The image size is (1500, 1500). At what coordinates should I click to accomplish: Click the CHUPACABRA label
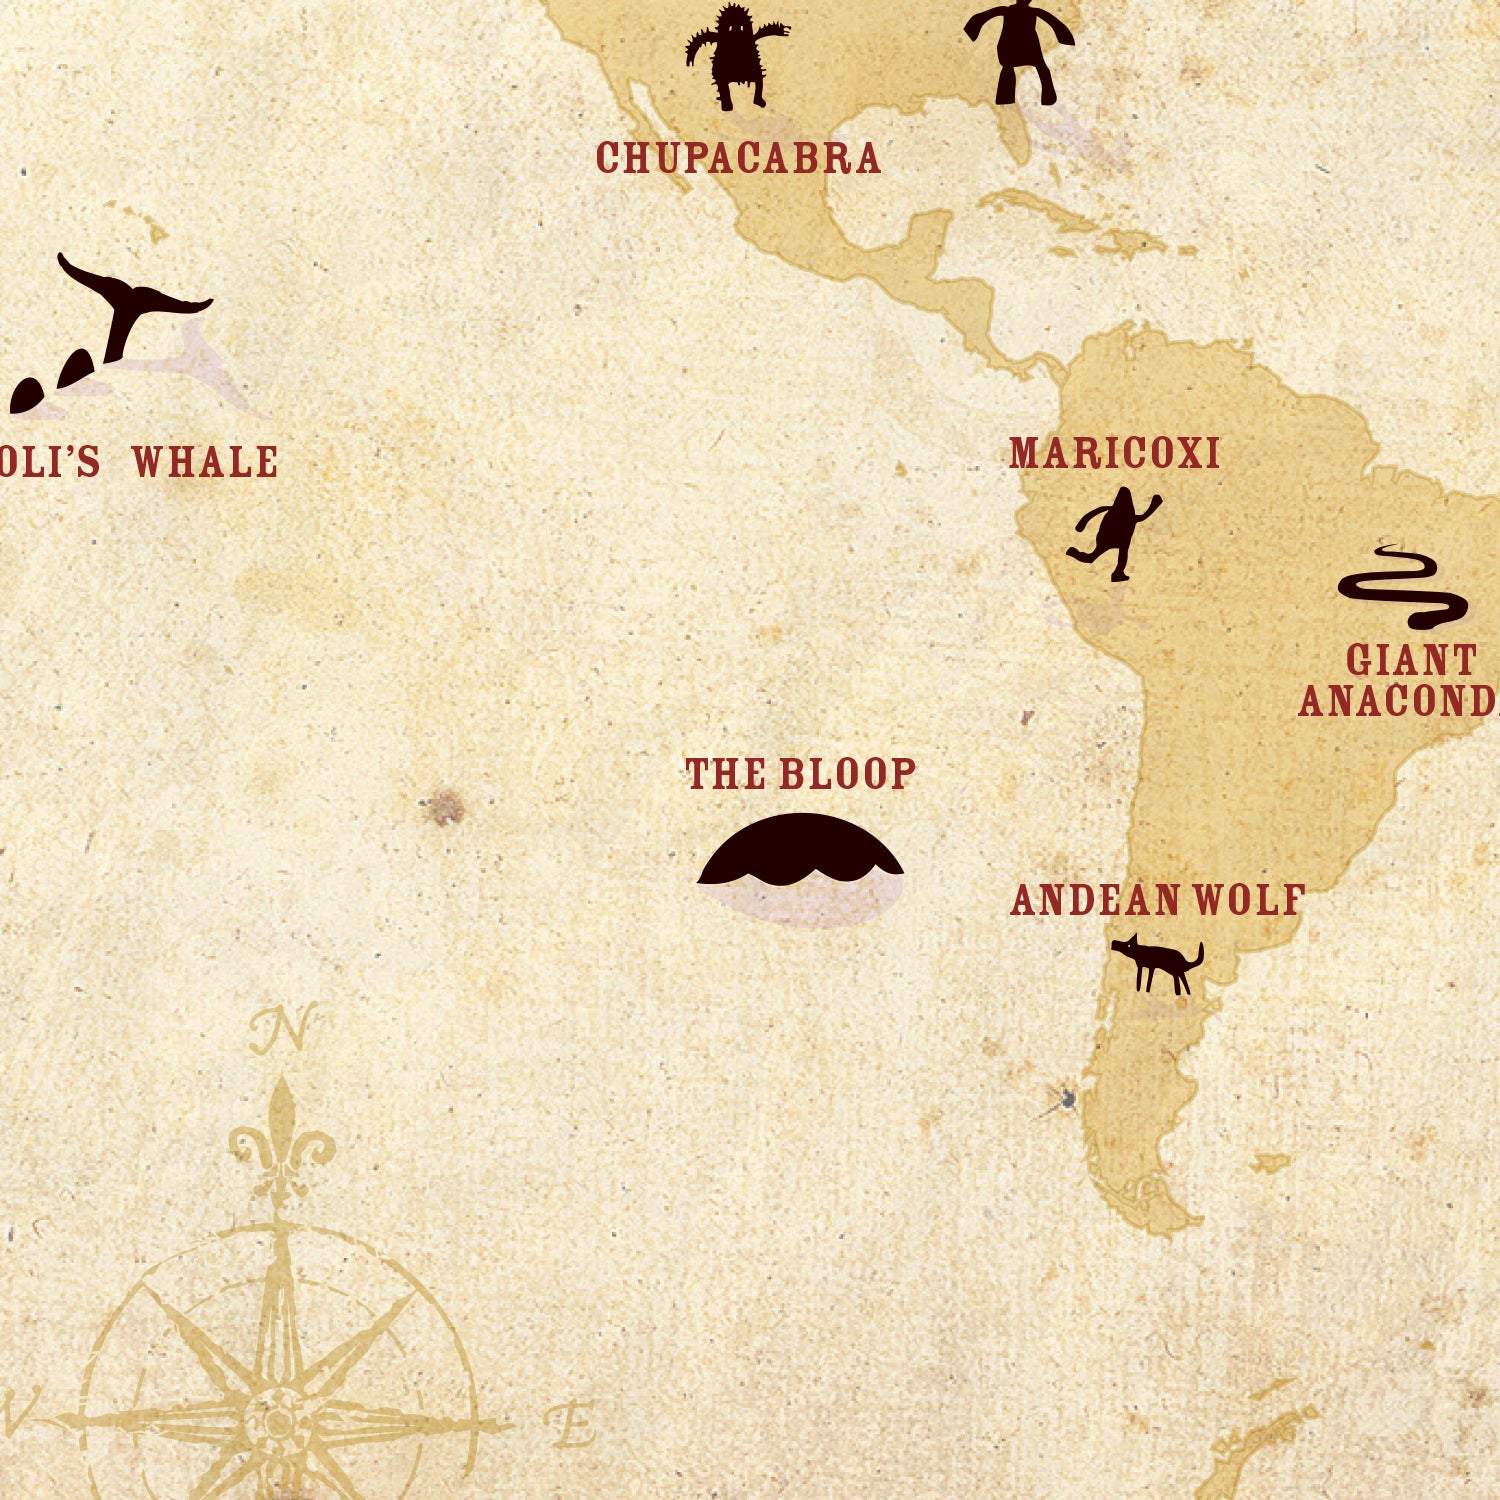[738, 158]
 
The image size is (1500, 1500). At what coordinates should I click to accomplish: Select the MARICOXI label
[1114, 453]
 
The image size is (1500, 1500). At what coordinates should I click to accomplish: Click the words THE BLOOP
[800, 774]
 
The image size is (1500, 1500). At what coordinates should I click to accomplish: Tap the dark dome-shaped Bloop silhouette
[800, 850]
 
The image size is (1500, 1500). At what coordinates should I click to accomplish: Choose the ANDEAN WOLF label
[1157, 900]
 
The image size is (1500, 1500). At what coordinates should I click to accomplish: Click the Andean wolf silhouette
[1158, 963]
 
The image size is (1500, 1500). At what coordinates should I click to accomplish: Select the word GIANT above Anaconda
[1411, 660]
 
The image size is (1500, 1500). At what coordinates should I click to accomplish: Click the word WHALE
[205, 462]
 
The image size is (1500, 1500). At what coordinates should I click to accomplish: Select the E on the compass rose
[573, 1424]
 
